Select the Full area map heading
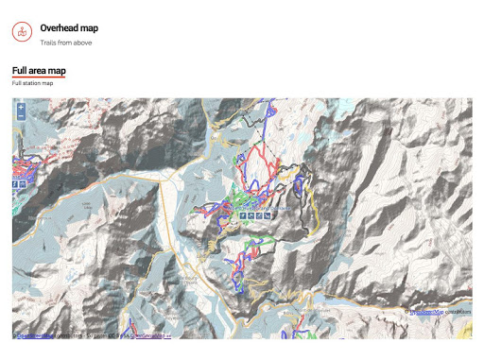[39, 71]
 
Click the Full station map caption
[32, 84]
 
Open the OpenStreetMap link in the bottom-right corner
[427, 311]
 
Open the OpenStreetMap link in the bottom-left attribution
[38, 334]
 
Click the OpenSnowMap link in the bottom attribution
[152, 334]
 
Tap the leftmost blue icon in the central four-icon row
[243, 216]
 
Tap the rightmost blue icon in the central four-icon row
[268, 216]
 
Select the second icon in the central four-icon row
[251, 216]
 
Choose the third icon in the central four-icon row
[260, 216]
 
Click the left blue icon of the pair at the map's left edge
[15, 185]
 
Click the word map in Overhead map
[90, 28]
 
